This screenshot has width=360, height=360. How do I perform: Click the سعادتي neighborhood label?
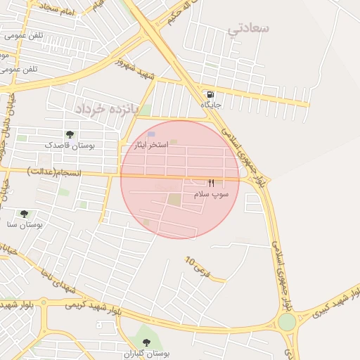coord(249,29)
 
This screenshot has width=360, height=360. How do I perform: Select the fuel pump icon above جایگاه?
coord(210,94)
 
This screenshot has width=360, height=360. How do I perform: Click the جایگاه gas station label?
coord(211,105)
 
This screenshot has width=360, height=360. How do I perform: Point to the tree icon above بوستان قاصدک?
coord(69,134)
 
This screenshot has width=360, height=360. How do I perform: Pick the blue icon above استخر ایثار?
coord(151,134)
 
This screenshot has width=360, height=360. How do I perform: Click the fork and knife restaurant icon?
coord(211,183)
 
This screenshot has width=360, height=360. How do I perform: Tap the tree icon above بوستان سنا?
coord(24,214)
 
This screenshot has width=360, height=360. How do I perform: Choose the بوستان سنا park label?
coord(25,224)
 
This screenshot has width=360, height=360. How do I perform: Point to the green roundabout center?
coord(287,321)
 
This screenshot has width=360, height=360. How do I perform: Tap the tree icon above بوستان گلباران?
coord(146,342)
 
